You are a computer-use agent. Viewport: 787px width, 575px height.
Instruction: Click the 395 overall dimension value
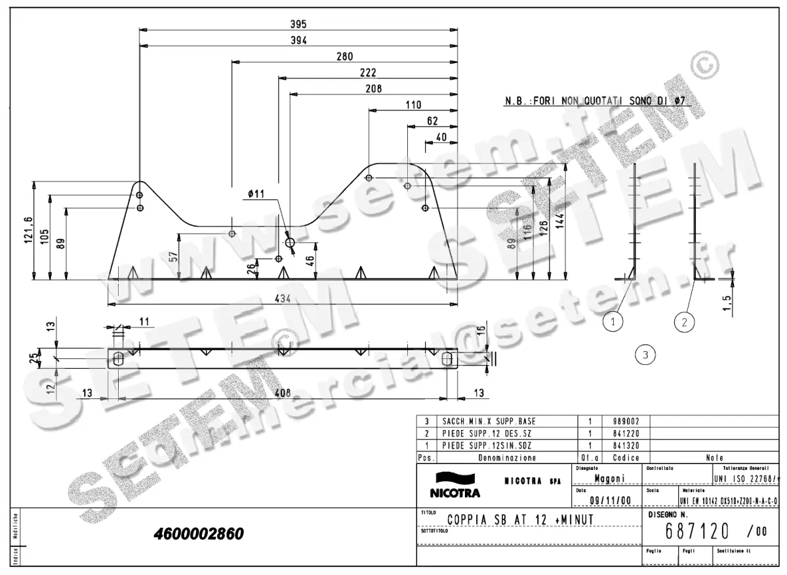click(298, 24)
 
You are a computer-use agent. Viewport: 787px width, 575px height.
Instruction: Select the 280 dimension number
click(344, 56)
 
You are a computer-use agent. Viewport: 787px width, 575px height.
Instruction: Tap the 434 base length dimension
click(282, 299)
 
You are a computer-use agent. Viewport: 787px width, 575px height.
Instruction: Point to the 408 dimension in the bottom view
click(282, 394)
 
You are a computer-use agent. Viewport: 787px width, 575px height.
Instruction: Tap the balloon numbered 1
click(613, 322)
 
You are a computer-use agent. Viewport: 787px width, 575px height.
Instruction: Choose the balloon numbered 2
click(684, 322)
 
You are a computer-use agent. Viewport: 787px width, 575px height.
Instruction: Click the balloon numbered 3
click(645, 355)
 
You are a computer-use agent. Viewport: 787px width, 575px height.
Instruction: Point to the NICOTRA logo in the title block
click(454, 485)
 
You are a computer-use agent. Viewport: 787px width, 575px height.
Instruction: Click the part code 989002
click(626, 421)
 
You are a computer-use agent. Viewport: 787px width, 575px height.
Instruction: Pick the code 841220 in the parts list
click(626, 433)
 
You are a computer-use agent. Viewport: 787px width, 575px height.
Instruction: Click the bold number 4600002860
click(198, 534)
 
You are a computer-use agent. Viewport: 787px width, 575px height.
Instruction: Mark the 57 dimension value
click(173, 257)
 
